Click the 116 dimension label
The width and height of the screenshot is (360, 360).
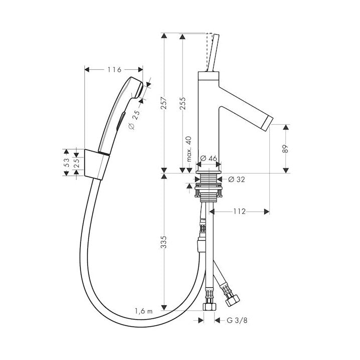[114, 69]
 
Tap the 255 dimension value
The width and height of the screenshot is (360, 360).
[182, 104]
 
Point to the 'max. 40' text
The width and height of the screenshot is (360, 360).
[189, 149]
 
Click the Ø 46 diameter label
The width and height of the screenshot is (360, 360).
[208, 158]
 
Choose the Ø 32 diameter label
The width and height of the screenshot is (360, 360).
[237, 179]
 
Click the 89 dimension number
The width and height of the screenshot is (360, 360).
[285, 149]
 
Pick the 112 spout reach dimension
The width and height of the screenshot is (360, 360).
[240, 211]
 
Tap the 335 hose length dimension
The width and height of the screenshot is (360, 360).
[163, 242]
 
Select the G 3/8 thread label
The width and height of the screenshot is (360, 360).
[237, 320]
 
